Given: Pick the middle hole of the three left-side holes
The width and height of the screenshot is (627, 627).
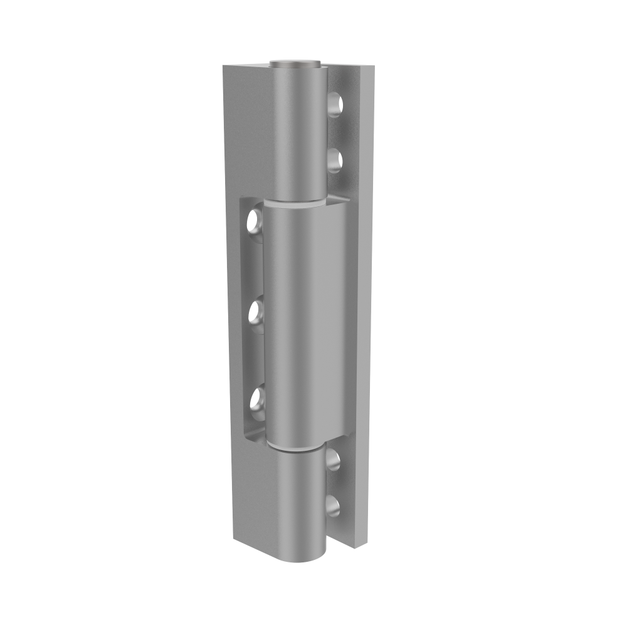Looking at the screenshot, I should (255, 310).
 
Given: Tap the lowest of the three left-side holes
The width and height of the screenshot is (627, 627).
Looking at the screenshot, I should (255, 399).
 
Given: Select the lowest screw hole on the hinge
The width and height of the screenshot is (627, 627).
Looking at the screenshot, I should (333, 506).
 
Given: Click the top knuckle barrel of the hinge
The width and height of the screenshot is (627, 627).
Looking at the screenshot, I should (298, 132).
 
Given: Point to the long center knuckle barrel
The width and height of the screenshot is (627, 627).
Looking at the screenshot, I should (304, 320).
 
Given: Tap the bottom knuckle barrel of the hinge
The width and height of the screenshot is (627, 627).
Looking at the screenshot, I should (300, 502).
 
